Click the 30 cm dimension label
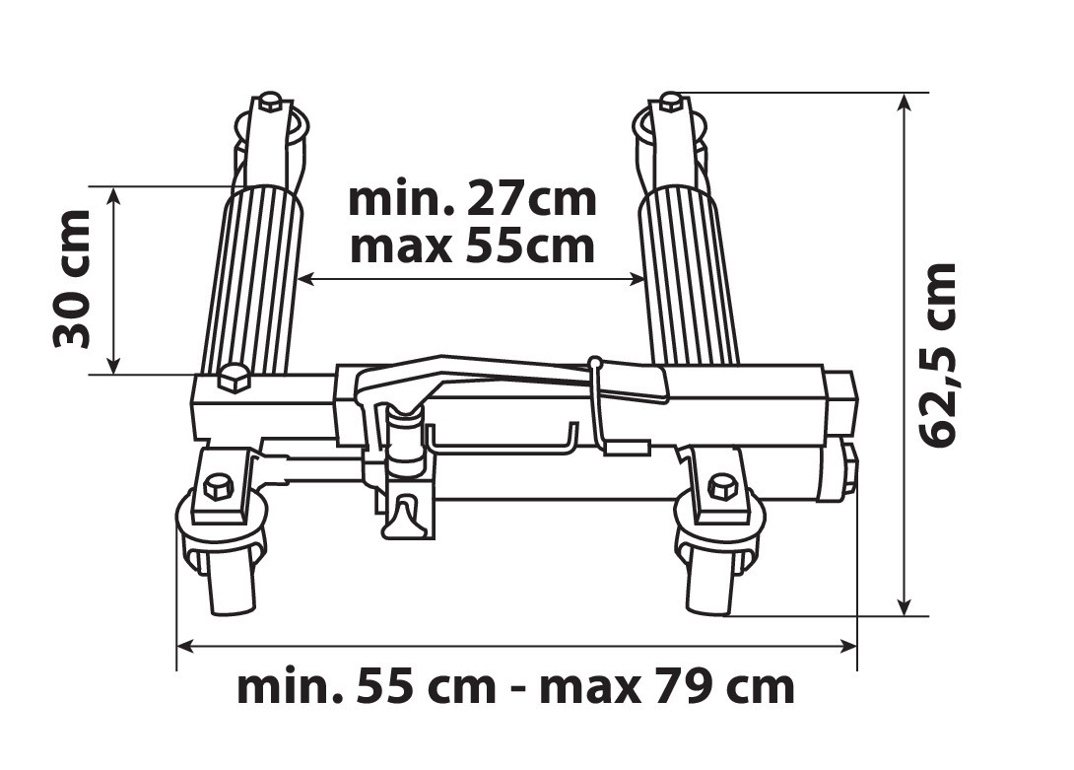71,279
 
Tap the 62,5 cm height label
936,355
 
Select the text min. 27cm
473,199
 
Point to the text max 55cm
473,246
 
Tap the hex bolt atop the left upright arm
271,103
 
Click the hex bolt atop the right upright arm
671,103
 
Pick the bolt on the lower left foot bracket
219,488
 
